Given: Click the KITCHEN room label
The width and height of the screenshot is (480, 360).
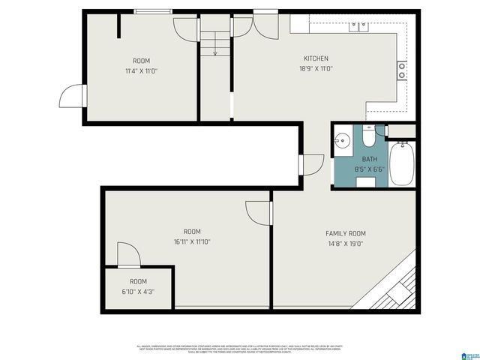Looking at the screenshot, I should click(316, 58).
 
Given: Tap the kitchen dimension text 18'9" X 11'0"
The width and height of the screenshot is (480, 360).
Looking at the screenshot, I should click(316, 69).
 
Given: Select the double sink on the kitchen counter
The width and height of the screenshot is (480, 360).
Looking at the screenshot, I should click(358, 27).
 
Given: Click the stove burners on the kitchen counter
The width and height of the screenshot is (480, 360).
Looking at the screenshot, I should click(402, 70).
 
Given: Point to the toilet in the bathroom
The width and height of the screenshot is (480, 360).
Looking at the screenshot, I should click(369, 137).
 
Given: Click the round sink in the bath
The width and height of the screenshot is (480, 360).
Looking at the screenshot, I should click(342, 139).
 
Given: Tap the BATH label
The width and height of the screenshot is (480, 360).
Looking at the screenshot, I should click(370, 159).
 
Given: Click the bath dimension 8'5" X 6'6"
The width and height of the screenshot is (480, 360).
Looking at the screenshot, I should click(370, 169).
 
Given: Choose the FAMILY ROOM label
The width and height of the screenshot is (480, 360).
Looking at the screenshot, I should click(345, 233).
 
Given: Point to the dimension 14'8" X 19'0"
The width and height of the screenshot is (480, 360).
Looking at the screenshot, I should click(345, 244).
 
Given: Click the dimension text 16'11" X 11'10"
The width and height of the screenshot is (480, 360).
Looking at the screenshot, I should click(192, 241).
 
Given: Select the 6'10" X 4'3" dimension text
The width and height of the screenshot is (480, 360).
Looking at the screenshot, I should click(139, 292).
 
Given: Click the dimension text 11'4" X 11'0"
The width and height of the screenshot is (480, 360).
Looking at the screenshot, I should click(141, 70).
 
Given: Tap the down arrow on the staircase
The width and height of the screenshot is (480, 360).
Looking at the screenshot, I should click(214, 51).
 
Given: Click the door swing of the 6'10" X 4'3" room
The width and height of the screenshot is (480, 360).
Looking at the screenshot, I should click(126, 255).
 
